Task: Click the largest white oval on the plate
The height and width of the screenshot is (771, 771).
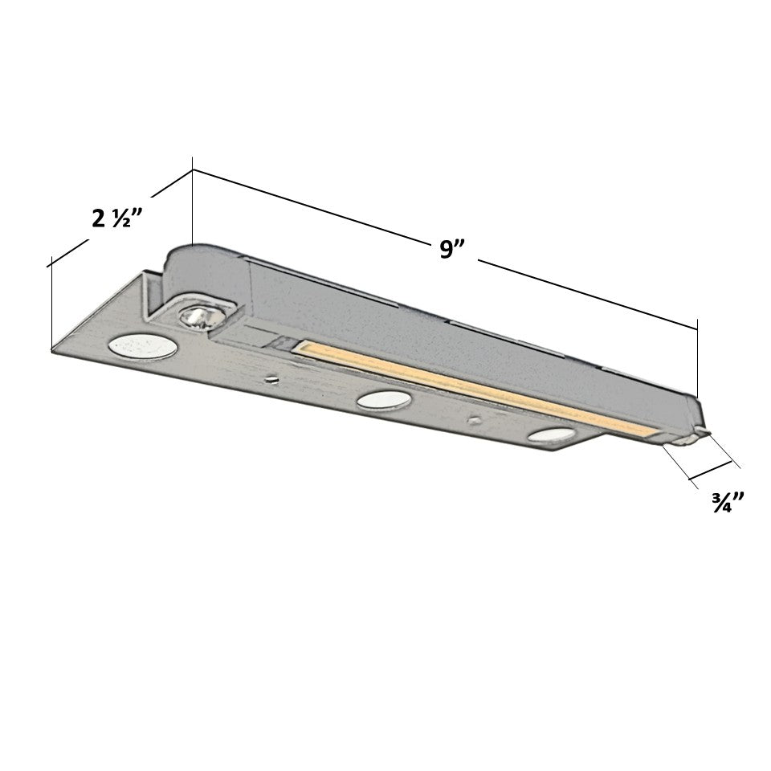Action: coord(143,345)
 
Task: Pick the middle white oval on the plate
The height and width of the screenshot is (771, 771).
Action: coord(384,400)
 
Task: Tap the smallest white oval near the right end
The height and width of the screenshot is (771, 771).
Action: coord(551,435)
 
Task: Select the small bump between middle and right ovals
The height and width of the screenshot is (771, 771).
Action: coord(475,420)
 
